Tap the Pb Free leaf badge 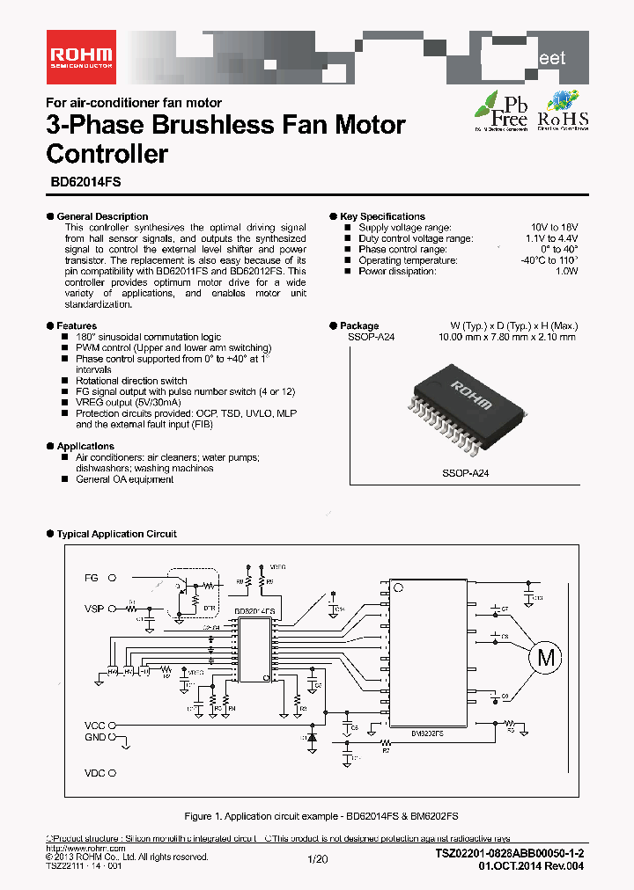[501, 110]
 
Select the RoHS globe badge [561, 110]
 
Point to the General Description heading [102, 216]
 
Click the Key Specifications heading [382, 216]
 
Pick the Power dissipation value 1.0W [566, 271]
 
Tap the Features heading [77, 326]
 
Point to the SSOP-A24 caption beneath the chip [465, 473]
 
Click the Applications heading [85, 446]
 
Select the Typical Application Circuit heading [116, 534]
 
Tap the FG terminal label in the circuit [92, 578]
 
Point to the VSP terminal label [94, 608]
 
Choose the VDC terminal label [94, 774]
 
